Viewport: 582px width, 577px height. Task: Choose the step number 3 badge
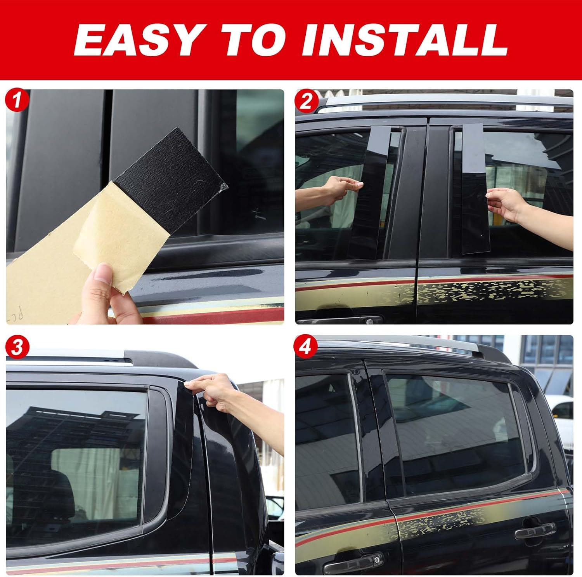click(17, 347)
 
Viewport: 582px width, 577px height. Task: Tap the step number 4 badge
click(306, 347)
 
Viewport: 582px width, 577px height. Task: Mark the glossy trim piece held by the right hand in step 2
click(474, 186)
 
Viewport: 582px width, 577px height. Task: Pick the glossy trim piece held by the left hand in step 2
click(374, 190)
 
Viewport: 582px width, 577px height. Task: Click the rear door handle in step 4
click(535, 532)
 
